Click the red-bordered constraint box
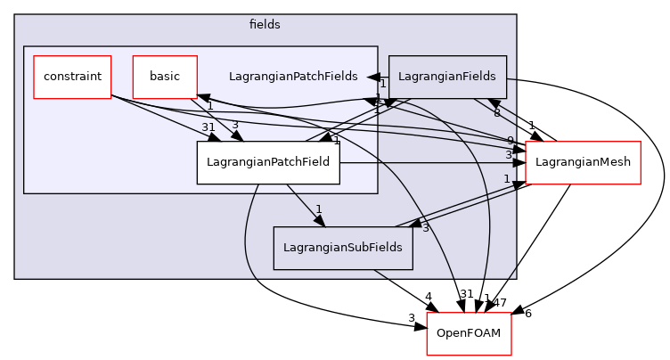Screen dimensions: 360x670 click(x=72, y=77)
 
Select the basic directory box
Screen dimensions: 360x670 click(x=164, y=77)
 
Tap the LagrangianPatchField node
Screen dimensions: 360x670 click(x=268, y=162)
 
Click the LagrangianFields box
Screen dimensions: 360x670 click(x=447, y=77)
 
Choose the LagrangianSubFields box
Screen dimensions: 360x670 click(x=342, y=248)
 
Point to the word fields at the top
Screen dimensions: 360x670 click(x=265, y=25)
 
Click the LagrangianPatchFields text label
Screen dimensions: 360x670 click(x=293, y=77)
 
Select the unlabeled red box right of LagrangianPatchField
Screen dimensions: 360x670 click(x=583, y=163)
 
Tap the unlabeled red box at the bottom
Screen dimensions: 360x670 click(x=469, y=334)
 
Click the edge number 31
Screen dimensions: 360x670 click(x=209, y=127)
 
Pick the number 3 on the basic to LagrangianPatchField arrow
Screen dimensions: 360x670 click(x=234, y=125)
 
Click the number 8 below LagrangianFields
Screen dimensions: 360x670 click(x=496, y=112)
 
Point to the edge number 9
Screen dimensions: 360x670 click(x=510, y=141)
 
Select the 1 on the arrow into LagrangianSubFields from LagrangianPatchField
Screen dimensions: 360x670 click(x=318, y=209)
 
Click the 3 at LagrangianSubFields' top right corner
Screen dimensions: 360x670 click(x=425, y=228)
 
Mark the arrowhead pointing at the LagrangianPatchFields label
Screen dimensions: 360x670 click(x=375, y=78)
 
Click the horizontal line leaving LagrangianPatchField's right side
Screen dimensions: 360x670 click(x=428, y=163)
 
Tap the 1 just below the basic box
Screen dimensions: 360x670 click(x=209, y=105)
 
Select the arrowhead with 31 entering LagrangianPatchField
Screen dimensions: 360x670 click(x=215, y=137)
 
